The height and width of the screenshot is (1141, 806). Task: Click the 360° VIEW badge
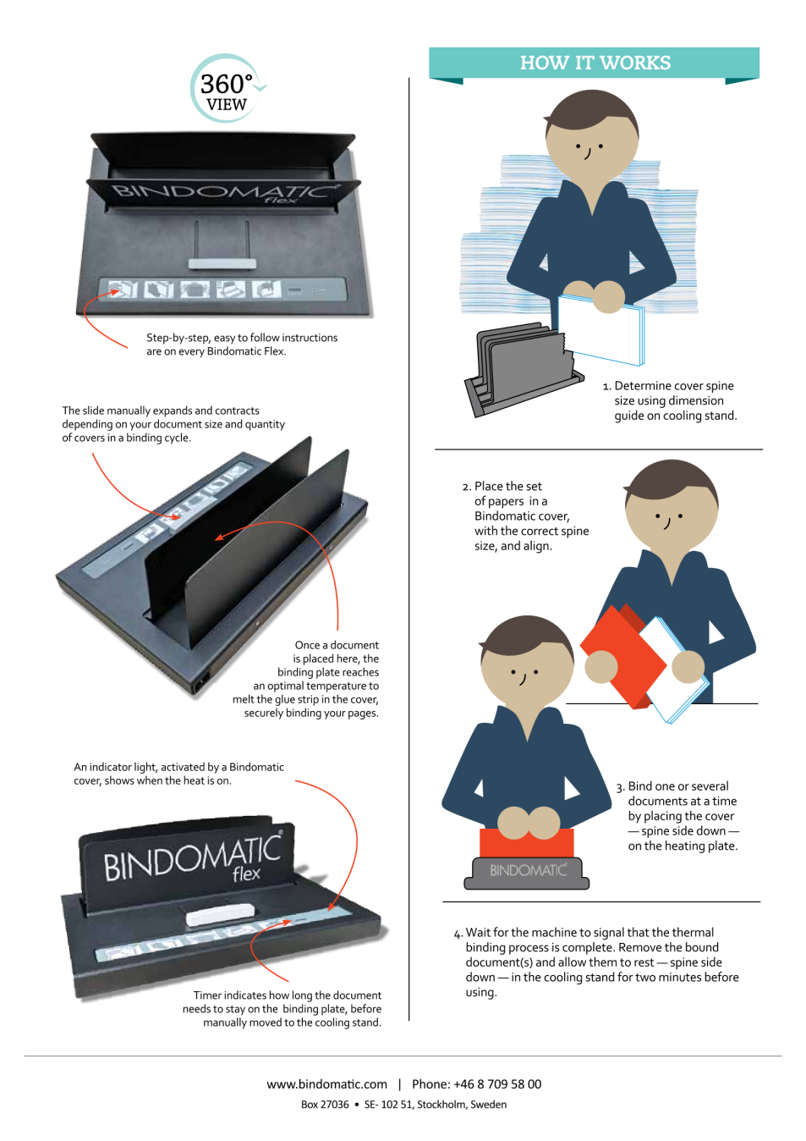228,89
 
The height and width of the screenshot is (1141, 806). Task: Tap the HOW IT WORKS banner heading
595,63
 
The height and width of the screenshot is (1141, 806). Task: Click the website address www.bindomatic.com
326,1084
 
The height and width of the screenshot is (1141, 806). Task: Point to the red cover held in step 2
623,657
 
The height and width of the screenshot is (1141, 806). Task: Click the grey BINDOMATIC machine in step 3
527,873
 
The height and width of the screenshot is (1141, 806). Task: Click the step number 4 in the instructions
457,934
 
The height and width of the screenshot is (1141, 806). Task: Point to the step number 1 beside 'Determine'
606,387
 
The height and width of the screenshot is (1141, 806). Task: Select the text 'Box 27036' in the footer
325,1105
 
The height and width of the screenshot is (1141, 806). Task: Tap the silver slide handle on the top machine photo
222,263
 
